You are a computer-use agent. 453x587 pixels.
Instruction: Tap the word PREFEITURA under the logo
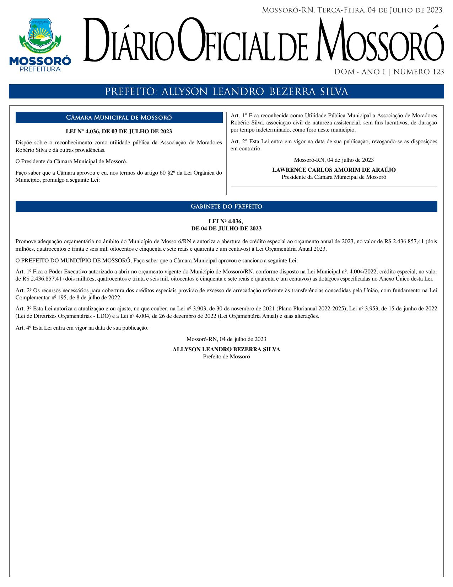(40, 69)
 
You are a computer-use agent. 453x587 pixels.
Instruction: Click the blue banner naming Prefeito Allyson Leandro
(226, 91)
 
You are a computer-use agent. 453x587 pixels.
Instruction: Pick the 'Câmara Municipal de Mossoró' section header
(119, 118)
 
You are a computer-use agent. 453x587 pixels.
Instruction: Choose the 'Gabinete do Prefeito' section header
(226, 207)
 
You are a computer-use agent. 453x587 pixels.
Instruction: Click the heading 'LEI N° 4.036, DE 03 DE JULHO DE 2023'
(119, 132)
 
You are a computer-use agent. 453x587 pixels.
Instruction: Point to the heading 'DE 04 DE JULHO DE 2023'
(226, 229)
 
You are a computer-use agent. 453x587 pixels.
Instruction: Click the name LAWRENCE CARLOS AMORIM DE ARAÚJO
(334, 170)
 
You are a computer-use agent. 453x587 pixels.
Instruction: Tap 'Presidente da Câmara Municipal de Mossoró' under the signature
(334, 177)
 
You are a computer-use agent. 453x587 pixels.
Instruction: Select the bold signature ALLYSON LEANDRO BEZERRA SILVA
(226, 349)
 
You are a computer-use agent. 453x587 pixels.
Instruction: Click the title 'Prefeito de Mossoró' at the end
(226, 357)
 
